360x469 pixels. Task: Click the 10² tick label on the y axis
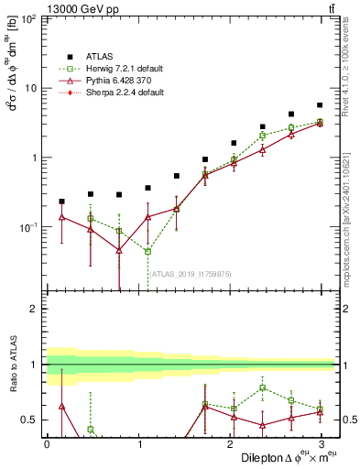28,19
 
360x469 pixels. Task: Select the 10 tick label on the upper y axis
30,88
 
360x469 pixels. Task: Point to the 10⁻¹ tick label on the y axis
27,226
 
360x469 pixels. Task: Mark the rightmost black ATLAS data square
320,105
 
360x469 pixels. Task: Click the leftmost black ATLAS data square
61,201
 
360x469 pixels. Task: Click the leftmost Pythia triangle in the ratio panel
61,405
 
